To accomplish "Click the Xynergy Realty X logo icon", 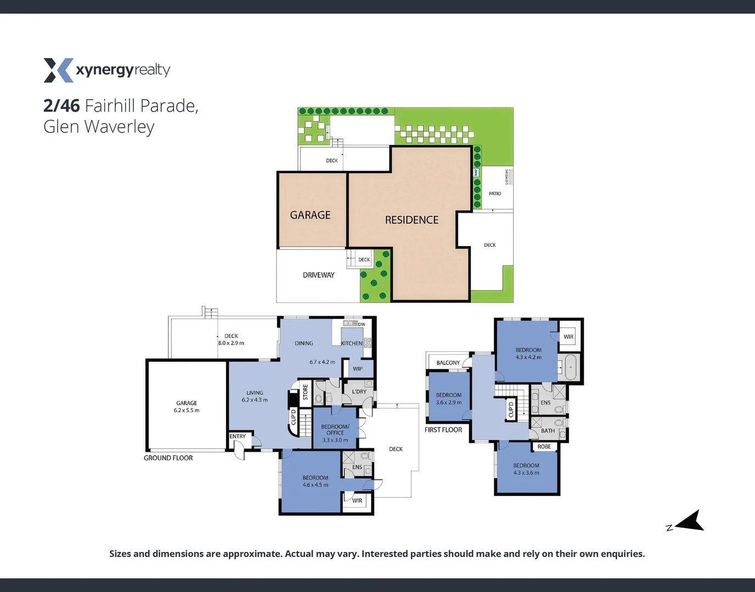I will pyautogui.click(x=58, y=70).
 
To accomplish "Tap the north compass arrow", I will pyautogui.click(x=691, y=521).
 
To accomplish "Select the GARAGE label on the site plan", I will pyautogui.click(x=310, y=215).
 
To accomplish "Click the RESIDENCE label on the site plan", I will pyautogui.click(x=412, y=220).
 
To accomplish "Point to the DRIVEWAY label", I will pyautogui.click(x=318, y=275).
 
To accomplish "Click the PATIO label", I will pyautogui.click(x=495, y=193).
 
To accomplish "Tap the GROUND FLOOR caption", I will pyautogui.click(x=168, y=458).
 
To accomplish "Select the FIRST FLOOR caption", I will pyautogui.click(x=443, y=430).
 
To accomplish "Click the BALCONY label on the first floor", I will pyautogui.click(x=448, y=363).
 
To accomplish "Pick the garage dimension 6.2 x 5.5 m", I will pyautogui.click(x=187, y=410).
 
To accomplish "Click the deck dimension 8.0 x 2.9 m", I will pyautogui.click(x=231, y=343).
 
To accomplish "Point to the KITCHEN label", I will pyautogui.click(x=352, y=343).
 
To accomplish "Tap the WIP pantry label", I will pyautogui.click(x=358, y=369).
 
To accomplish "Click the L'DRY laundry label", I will pyautogui.click(x=359, y=391).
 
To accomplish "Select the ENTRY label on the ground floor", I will pyautogui.click(x=238, y=436).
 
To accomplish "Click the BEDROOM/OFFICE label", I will pyautogui.click(x=335, y=430).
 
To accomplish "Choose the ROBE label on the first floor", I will pyautogui.click(x=544, y=447).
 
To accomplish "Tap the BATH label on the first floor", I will pyautogui.click(x=548, y=431).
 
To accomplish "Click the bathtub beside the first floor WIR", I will pyautogui.click(x=571, y=367).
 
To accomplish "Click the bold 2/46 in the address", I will pyautogui.click(x=61, y=105).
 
